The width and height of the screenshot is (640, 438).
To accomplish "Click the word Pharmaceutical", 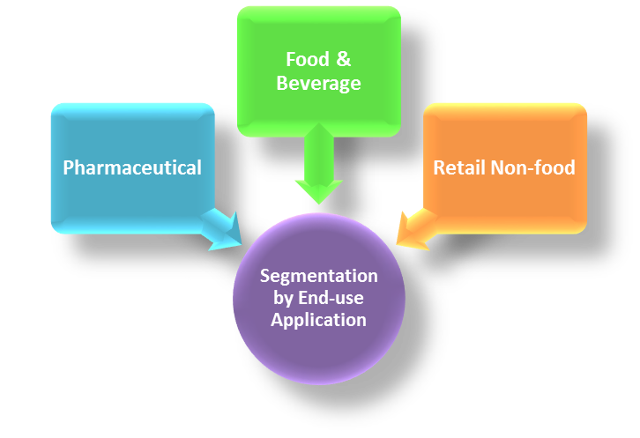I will point(132,167).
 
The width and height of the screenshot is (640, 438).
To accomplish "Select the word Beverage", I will point(318,84).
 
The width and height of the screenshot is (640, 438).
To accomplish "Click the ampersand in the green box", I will point(342,60).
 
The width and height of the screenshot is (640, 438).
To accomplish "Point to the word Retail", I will point(457,167).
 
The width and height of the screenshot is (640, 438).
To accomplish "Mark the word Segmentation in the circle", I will point(318,276).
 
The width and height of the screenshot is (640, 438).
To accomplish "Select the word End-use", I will point(334,298).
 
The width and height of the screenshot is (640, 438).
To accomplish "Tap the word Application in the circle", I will point(318,319).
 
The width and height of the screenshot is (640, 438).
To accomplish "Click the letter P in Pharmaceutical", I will point(68,167).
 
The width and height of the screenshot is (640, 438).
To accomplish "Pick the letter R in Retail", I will point(438,167).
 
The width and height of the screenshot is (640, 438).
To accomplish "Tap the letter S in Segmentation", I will point(264,276).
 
